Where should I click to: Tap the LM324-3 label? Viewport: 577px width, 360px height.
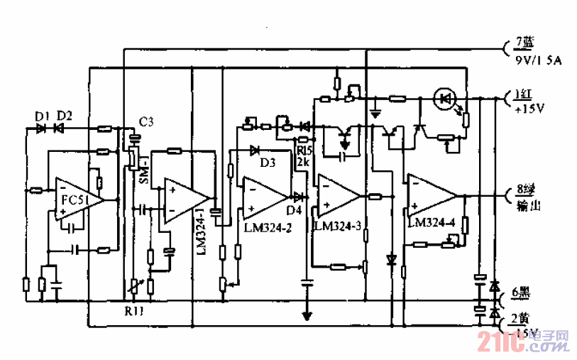(x=337, y=226)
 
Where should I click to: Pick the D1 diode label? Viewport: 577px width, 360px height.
(x=42, y=116)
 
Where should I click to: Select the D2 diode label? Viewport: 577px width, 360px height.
(x=65, y=116)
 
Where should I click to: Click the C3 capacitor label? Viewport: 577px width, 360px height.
(x=146, y=122)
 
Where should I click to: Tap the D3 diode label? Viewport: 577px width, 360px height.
(x=267, y=163)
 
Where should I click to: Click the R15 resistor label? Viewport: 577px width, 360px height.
(x=304, y=151)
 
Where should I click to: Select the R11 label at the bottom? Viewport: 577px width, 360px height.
(x=132, y=310)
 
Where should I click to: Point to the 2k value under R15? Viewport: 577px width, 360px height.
(x=303, y=162)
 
